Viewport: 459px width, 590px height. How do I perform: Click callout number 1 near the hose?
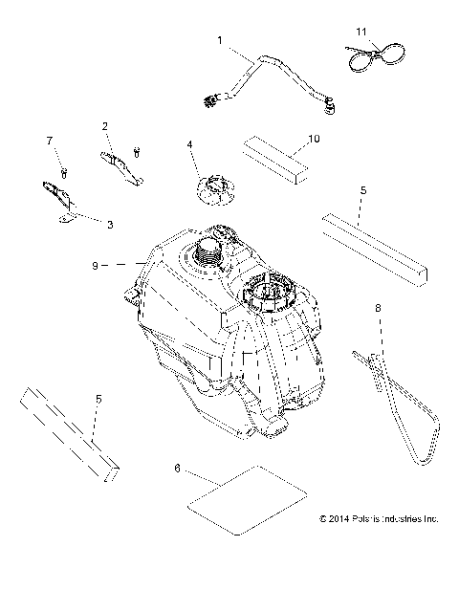[x=220, y=40]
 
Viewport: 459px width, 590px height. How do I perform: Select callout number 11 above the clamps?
[x=361, y=32]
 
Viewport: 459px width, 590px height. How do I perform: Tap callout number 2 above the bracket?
[x=104, y=126]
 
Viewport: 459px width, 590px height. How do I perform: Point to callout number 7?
[x=50, y=141]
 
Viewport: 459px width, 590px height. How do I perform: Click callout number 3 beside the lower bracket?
[x=110, y=225]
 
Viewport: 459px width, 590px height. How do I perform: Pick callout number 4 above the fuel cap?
[x=189, y=144]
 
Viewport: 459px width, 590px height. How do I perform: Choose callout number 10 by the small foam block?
[x=314, y=139]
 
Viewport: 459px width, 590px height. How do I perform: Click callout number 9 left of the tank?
[x=96, y=266]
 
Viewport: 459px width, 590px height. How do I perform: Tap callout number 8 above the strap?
[x=378, y=308]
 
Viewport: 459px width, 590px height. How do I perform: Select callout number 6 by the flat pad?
[x=178, y=469]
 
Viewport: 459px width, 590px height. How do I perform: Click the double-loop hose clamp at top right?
[x=376, y=56]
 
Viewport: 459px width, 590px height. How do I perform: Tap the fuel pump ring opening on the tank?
[x=270, y=292]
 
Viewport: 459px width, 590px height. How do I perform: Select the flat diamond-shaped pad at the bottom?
[x=247, y=500]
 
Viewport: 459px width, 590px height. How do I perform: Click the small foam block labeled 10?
[x=275, y=160]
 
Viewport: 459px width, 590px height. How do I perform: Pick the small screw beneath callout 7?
[x=64, y=173]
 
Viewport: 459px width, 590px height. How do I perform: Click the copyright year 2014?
[x=339, y=519]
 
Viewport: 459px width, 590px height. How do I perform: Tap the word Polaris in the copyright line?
[x=365, y=519]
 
